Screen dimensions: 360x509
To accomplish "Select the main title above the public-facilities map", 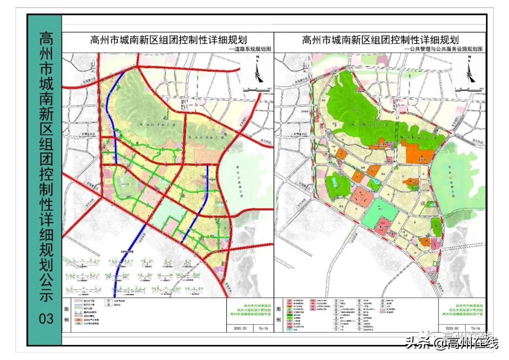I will click(380, 40).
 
